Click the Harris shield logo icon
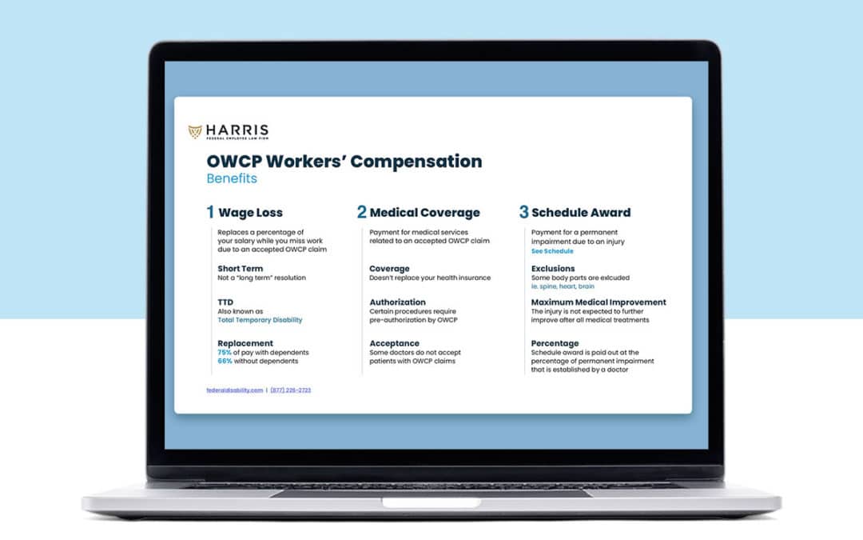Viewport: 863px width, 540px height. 195,130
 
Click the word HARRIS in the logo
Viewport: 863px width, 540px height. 236,129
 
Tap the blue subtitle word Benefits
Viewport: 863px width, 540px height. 232,178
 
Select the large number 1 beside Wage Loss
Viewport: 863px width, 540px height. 210,213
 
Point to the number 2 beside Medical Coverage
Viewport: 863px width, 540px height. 362,213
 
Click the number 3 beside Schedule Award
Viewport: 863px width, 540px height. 523,213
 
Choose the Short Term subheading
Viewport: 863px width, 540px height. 240,269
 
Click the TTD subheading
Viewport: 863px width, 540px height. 225,302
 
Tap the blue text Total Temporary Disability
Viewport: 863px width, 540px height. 260,320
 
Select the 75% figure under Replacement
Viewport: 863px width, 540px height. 225,352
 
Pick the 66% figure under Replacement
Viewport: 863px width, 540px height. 225,361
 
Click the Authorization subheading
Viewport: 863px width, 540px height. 397,302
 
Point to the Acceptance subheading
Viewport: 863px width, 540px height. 394,343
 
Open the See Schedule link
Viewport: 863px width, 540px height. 552,251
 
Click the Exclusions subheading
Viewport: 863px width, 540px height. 553,269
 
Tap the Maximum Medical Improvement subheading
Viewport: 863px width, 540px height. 599,302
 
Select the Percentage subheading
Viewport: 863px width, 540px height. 556,343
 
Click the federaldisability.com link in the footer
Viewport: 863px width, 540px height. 234,390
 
